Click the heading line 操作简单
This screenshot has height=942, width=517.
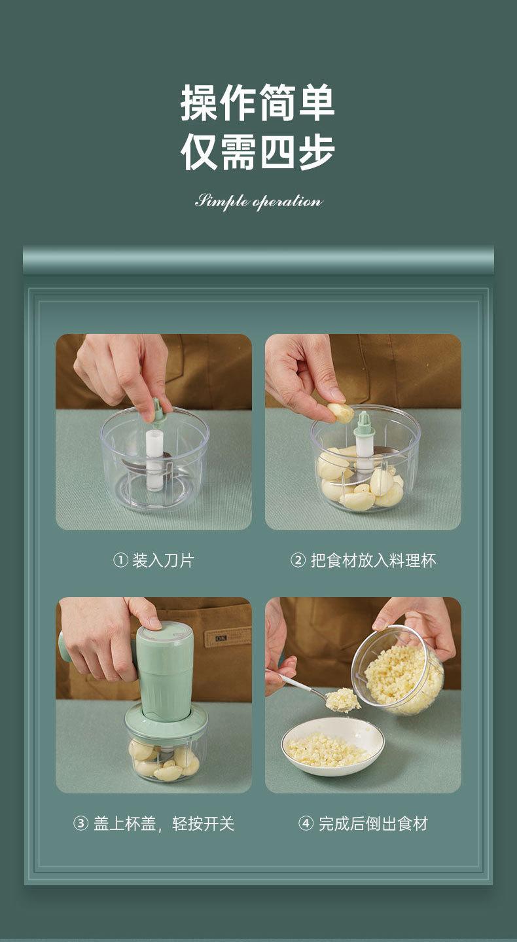(x=258, y=103)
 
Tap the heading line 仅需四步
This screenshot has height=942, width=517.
(x=258, y=151)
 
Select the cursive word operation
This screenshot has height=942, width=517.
(x=288, y=202)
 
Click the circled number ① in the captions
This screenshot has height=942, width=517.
(x=120, y=560)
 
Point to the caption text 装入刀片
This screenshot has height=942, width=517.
(x=163, y=560)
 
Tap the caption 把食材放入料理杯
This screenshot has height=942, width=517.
(x=373, y=560)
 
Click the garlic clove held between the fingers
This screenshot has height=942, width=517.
(x=340, y=412)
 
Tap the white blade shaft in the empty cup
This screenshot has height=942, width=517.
(x=154, y=460)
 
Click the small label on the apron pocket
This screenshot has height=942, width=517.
(x=221, y=639)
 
